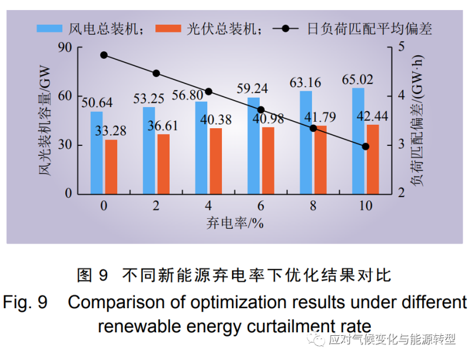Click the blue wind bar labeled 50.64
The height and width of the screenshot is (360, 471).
[97, 152]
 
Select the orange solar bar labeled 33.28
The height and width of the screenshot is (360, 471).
[111, 166]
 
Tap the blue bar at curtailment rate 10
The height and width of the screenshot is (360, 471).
[359, 141]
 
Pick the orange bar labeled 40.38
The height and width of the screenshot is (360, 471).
[216, 161]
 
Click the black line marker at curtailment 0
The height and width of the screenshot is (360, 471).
[104, 55]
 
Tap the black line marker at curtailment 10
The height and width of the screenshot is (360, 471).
[365, 146]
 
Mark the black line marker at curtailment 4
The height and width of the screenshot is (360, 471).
[208, 92]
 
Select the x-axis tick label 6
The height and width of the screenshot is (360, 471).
[260, 206]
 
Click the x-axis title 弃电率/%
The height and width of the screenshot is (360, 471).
[234, 222]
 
